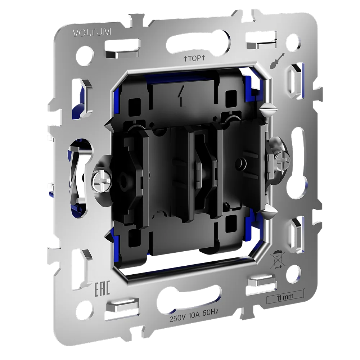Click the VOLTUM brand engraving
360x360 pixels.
tap(92, 32)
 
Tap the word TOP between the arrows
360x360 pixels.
tap(194, 59)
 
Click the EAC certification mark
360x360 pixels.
tap(102, 288)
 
